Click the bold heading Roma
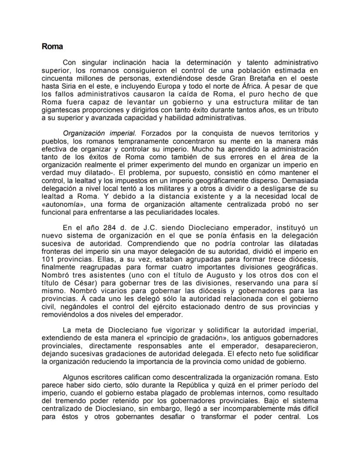[x=52, y=46]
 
